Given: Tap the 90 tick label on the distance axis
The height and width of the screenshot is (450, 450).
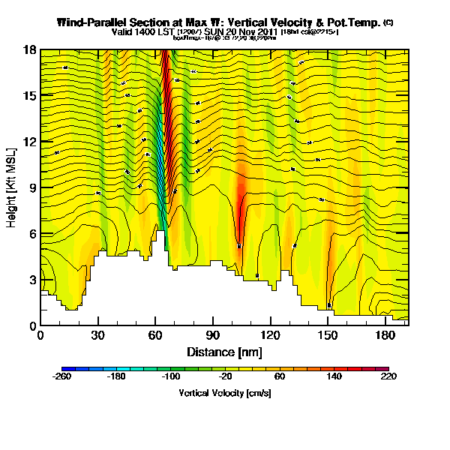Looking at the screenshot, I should pyautogui.click(x=213, y=335).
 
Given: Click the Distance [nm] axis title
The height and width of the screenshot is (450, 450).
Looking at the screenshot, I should pyautogui.click(x=224, y=351).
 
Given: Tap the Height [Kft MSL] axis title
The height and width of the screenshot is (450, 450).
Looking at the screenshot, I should pyautogui.click(x=13, y=187).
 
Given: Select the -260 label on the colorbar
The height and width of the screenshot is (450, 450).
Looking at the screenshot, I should pyautogui.click(x=62, y=377).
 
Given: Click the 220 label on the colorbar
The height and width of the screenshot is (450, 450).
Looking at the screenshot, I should pyautogui.click(x=388, y=377).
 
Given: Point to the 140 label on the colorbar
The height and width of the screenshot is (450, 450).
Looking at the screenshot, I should pyautogui.click(x=334, y=377).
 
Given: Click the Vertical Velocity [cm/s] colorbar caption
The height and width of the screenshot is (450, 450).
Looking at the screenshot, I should pyautogui.click(x=224, y=392).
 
